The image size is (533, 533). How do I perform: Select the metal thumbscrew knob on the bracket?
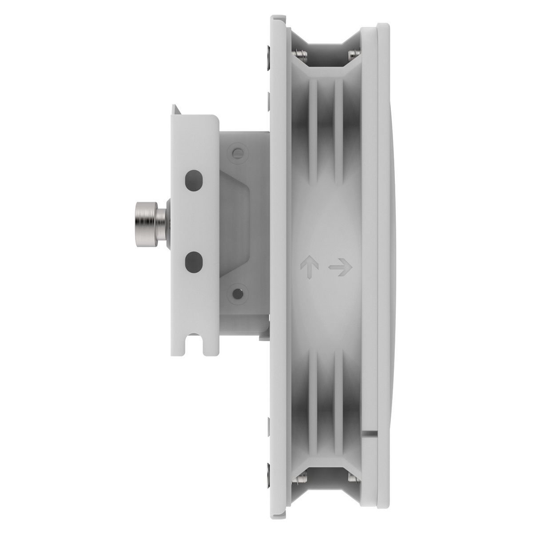point(149,214)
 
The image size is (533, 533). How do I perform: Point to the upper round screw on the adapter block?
point(239,152)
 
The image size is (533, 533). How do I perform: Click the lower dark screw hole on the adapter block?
point(239,293)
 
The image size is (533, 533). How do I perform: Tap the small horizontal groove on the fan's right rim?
point(370,431)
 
